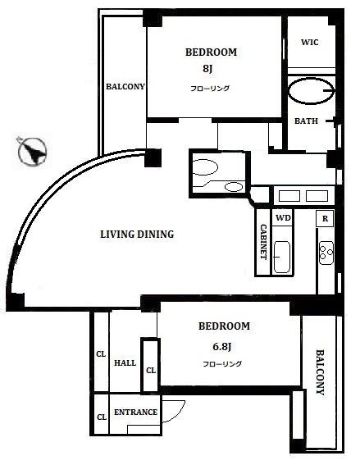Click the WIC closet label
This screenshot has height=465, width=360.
tap(310, 42)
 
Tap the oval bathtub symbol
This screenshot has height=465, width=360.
tap(312, 91)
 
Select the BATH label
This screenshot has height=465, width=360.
tap(306, 121)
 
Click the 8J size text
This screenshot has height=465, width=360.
tap(207, 69)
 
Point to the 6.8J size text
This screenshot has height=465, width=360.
tap(221, 346)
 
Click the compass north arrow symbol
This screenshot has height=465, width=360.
tap(32, 152)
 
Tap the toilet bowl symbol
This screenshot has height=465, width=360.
tap(205, 167)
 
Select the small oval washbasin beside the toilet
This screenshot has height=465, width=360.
tap(234, 187)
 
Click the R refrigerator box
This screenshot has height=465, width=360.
tap(325, 219)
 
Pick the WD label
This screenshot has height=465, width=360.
tap(283, 218)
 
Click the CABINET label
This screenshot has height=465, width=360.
tap(263, 242)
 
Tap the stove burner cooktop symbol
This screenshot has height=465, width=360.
tap(326, 253)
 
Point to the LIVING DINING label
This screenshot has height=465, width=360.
tap(137, 235)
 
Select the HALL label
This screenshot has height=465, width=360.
tap(125, 362)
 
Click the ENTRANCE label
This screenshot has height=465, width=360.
tap(135, 413)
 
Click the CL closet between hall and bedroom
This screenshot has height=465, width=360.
tap(151, 371)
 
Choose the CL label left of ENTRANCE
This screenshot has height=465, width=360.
tap(102, 417)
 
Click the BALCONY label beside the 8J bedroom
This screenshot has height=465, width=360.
tap(125, 87)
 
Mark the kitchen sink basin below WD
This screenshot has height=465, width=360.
tap(282, 257)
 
